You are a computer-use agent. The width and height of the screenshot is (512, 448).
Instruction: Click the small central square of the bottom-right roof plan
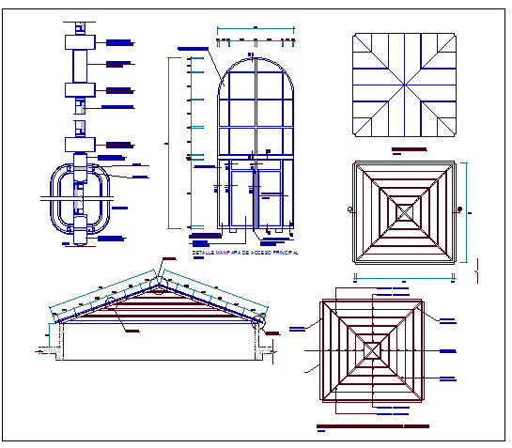click(x=373, y=349)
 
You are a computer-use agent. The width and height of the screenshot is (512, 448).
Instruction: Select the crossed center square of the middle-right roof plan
click(x=404, y=211)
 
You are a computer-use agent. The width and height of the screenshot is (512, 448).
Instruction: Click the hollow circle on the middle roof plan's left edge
click(x=349, y=209)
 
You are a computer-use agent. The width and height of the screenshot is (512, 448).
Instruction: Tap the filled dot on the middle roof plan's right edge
click(x=460, y=209)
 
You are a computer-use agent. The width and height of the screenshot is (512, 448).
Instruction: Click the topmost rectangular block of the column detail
click(x=77, y=42)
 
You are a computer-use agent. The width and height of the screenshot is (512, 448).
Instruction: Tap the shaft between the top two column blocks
click(x=77, y=67)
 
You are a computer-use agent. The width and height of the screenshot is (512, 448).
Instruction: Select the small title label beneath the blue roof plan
click(x=407, y=149)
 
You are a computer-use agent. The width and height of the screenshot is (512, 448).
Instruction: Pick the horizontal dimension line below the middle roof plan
click(x=404, y=278)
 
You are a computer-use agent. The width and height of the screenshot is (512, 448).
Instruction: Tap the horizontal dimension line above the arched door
click(x=255, y=40)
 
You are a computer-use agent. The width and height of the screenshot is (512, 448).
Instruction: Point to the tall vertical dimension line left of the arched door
click(x=169, y=141)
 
